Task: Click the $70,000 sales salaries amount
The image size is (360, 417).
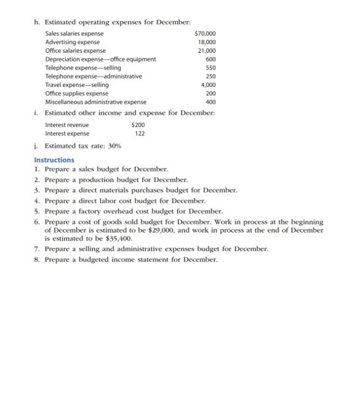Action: (x=205, y=34)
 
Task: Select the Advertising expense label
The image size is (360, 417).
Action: (x=72, y=42)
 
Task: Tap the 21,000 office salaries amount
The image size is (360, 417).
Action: (x=207, y=50)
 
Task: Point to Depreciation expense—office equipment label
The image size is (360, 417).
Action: (x=100, y=59)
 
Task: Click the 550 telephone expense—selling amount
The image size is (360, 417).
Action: (x=210, y=68)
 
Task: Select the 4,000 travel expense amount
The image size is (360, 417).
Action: (x=208, y=85)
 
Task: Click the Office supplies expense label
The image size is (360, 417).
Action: (x=76, y=93)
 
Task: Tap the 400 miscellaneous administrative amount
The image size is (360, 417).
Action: (x=210, y=102)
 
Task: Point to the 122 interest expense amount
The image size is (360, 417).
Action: (x=140, y=133)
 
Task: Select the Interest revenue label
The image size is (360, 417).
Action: (x=67, y=125)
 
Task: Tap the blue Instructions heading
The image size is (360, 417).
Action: (x=54, y=160)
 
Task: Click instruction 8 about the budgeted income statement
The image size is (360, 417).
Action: (x=131, y=260)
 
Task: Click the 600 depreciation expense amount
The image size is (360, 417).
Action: (x=210, y=59)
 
